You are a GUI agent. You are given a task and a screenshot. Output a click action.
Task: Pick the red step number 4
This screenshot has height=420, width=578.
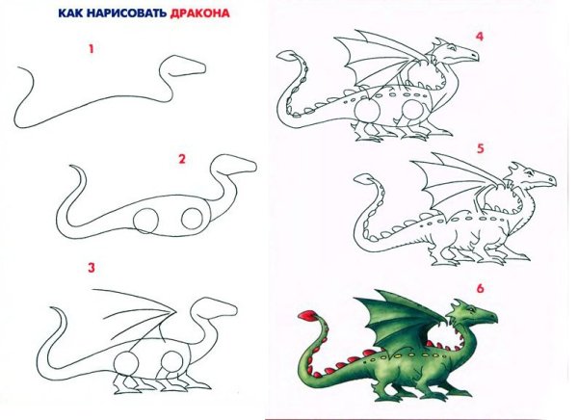click(478, 36)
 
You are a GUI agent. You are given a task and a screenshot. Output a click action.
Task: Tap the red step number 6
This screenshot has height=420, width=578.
click(478, 286)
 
